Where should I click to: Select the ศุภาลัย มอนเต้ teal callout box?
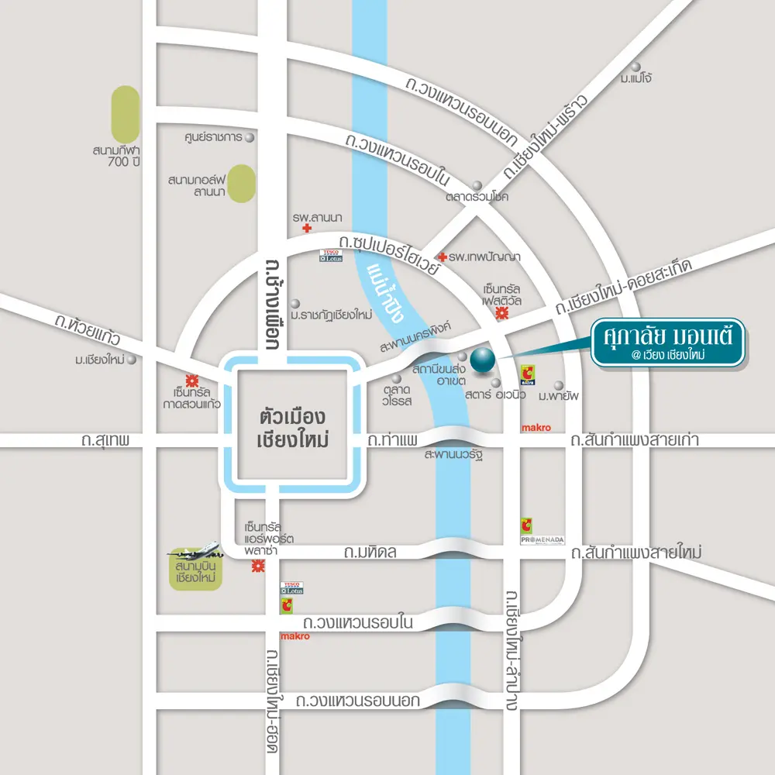point(668,342)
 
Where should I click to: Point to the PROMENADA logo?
point(542,539)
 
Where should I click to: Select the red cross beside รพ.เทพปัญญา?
point(442,257)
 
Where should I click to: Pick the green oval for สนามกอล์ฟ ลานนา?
point(242,183)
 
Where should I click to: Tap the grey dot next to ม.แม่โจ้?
point(637,67)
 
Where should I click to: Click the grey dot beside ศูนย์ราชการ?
point(250,137)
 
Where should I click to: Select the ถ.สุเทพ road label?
point(105,441)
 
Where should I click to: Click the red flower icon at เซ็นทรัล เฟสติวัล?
point(501,313)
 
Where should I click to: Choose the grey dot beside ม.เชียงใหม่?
point(132,360)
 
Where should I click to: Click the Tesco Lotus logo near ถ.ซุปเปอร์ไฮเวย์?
point(331,255)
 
